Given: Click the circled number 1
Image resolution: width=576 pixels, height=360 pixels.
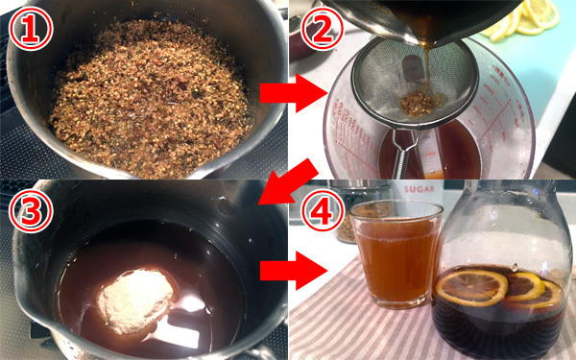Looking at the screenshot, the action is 31,28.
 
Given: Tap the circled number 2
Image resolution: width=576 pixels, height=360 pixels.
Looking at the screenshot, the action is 323,28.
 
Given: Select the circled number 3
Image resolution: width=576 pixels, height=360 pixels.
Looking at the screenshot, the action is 31,211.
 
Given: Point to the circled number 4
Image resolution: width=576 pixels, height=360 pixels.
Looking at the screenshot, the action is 323,211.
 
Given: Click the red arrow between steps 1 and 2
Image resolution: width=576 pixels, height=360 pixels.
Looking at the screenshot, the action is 293,93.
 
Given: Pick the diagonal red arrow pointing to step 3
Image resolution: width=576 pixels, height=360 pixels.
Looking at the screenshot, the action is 288,182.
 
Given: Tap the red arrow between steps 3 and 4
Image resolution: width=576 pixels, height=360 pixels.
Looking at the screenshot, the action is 293,271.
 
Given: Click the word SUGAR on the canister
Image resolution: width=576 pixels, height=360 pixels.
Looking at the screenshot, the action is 419,189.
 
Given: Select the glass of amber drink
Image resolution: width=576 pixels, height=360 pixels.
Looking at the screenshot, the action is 396,253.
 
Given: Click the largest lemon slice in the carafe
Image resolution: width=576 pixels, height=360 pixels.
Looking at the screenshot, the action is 471,288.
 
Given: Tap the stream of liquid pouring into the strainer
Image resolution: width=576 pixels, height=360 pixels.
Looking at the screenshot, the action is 428,70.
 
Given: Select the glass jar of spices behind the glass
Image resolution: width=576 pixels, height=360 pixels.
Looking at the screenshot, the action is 358,210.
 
